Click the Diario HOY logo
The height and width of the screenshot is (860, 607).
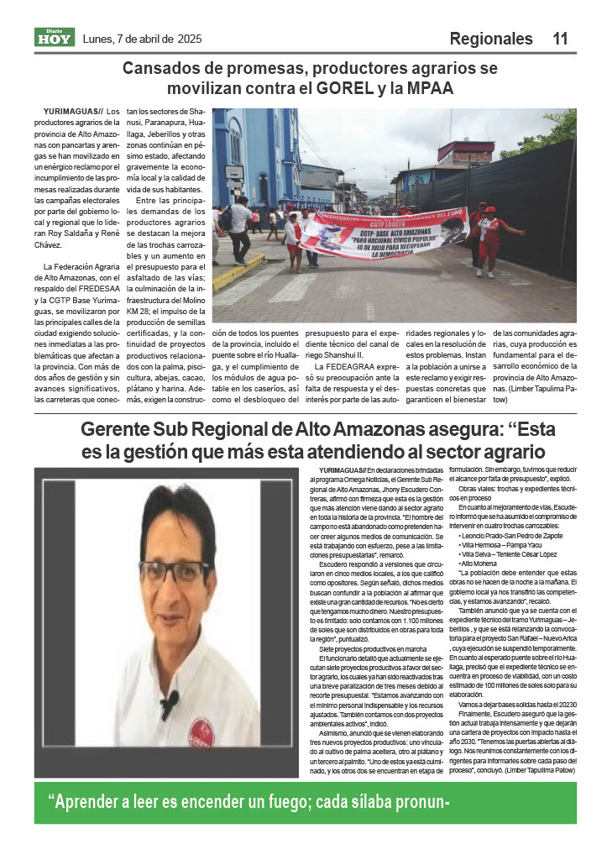(55, 38)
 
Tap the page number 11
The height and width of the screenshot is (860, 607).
(560, 39)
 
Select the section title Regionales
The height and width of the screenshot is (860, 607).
(491, 39)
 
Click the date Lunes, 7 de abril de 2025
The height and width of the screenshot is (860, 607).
(143, 39)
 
